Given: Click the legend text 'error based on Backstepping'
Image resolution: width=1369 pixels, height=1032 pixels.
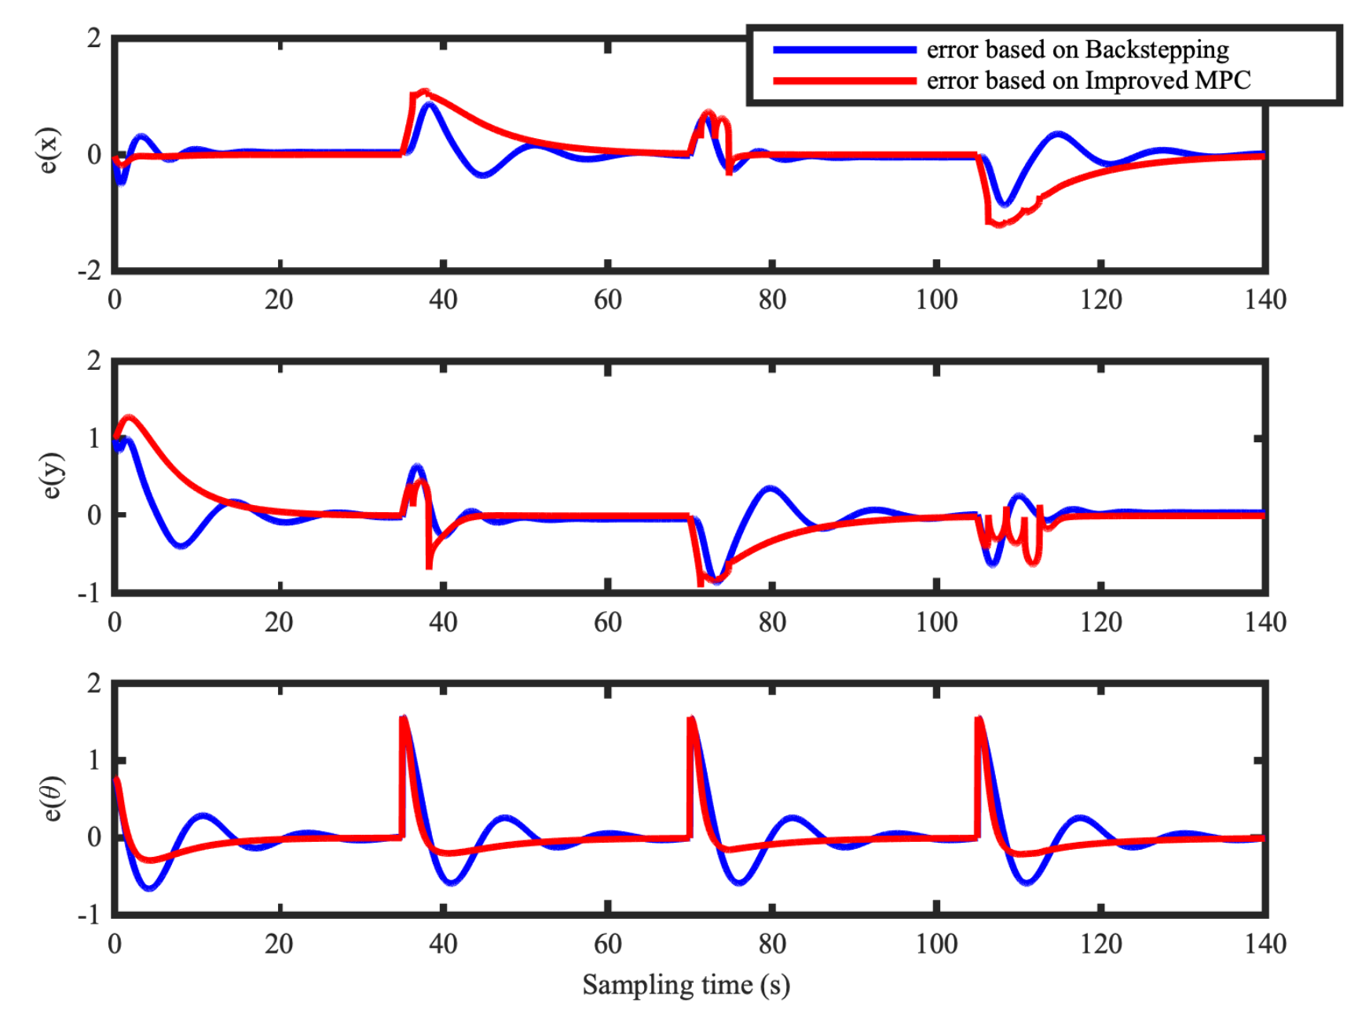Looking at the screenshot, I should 1077,50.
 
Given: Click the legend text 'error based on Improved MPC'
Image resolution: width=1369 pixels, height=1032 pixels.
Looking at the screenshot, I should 1088,81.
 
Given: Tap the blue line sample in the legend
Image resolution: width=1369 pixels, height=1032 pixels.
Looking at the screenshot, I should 844,50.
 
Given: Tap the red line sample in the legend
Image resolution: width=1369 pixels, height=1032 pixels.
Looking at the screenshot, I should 844,81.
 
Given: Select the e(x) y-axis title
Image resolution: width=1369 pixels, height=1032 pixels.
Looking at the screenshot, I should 49,150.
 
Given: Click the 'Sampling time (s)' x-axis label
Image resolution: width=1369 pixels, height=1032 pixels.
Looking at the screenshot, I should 686,985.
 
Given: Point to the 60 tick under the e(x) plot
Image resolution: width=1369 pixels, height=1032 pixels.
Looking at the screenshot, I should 607,300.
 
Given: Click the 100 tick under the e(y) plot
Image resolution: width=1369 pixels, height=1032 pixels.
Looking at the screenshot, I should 936,623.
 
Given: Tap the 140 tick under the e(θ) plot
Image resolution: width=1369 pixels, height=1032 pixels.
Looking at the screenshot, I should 1265,944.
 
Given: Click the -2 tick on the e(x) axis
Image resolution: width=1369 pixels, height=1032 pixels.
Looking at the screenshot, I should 90,271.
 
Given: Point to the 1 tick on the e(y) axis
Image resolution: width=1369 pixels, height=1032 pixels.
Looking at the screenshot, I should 95,438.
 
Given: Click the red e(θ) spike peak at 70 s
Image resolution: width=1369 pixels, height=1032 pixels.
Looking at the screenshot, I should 691,719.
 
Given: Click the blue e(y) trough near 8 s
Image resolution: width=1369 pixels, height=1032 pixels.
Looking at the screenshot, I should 181,544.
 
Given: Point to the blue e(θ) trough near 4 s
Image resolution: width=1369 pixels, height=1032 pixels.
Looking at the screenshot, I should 149,888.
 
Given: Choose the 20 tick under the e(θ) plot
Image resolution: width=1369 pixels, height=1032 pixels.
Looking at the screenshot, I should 279,944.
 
